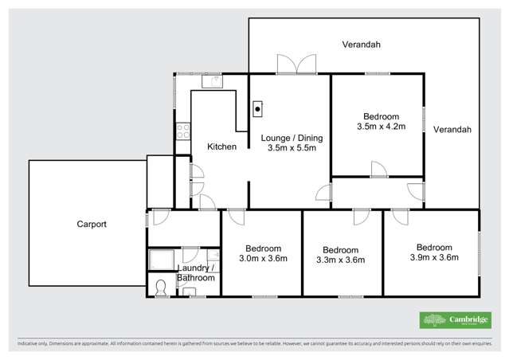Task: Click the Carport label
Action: coord(92,224)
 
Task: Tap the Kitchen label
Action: coord(221,147)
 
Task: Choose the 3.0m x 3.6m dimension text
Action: coord(261,258)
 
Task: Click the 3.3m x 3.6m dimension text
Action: coord(340,259)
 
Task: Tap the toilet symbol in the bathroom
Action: coord(161,288)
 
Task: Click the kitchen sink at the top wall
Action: coord(213,79)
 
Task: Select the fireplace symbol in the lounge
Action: coord(258,109)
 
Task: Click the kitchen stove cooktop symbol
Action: coord(183,129)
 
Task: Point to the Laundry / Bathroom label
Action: coord(195,272)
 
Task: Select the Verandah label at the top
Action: coord(361,45)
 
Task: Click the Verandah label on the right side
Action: coord(452,129)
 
